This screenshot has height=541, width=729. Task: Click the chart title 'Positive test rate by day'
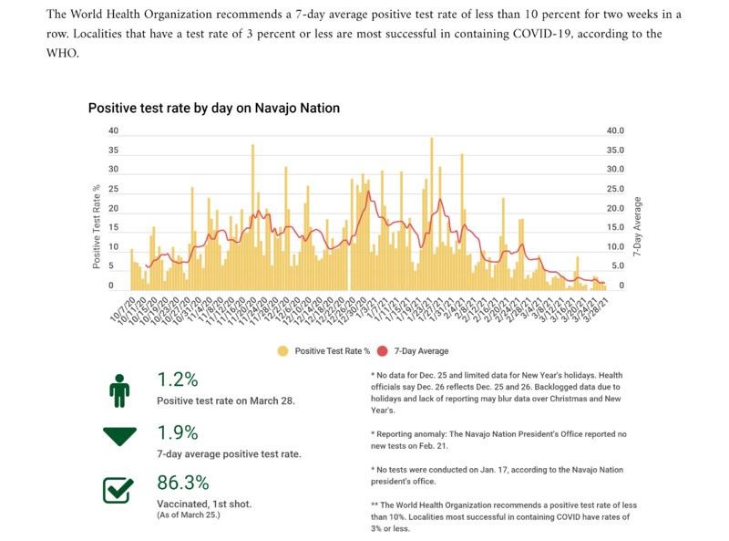(x=213, y=108)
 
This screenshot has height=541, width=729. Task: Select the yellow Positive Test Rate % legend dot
(x=283, y=350)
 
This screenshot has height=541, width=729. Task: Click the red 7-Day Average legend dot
(x=382, y=350)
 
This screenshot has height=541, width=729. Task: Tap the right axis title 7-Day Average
(x=637, y=225)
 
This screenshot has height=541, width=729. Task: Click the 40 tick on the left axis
(x=113, y=130)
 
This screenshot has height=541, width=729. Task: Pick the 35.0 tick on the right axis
(x=616, y=151)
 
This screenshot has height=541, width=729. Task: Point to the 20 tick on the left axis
(x=113, y=208)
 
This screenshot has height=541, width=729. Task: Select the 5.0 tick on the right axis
(x=618, y=266)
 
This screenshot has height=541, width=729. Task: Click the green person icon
(x=119, y=390)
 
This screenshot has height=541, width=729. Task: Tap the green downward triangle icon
(x=119, y=437)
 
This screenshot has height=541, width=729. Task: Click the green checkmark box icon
(x=119, y=489)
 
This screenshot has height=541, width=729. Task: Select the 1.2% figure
(x=178, y=380)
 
